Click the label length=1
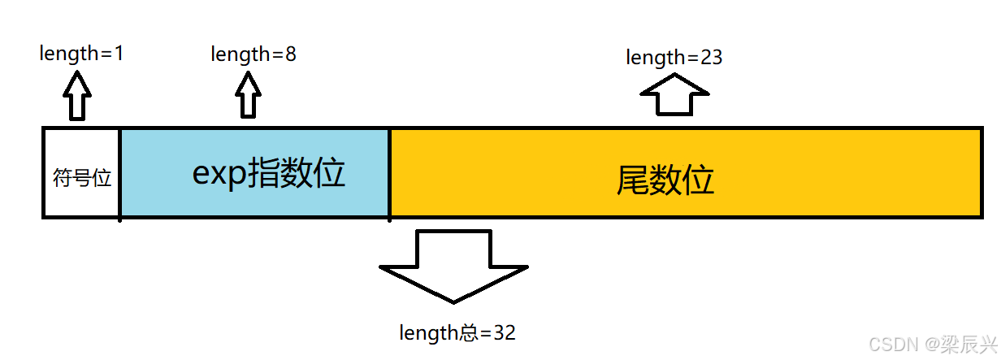(x=81, y=54)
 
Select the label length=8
(x=253, y=54)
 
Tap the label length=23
(x=674, y=58)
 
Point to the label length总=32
(x=457, y=332)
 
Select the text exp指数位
(x=269, y=173)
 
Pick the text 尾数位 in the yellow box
(x=665, y=180)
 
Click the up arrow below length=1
(x=78, y=96)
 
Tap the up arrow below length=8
(x=249, y=97)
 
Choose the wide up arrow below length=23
(x=674, y=95)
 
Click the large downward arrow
(x=453, y=265)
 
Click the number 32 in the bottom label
(x=505, y=332)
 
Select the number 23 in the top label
(x=710, y=58)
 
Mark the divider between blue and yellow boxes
(x=390, y=173)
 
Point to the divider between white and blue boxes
(x=120, y=173)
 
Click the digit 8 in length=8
(x=290, y=54)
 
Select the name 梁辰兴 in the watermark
(x=968, y=345)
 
